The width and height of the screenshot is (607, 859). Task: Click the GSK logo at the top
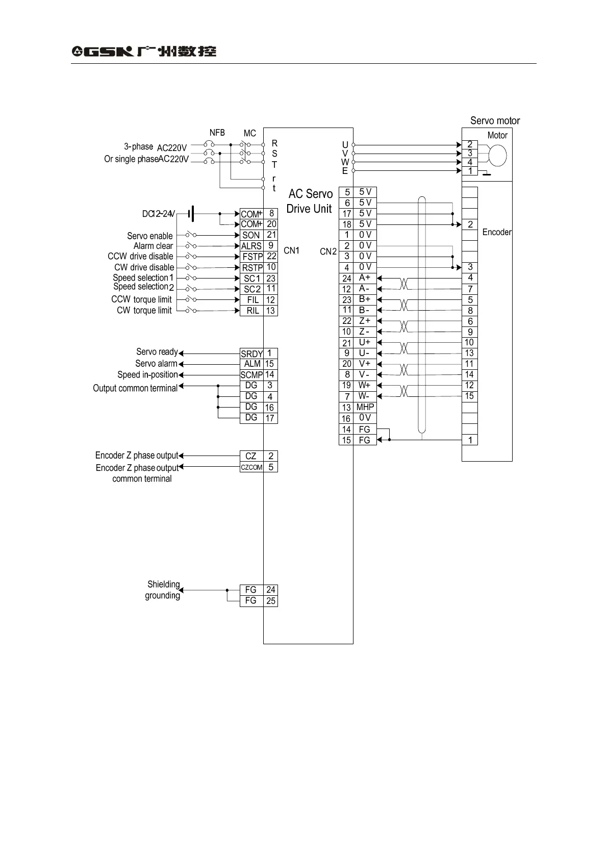click(144, 51)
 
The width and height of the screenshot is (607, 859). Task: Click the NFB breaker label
click(217, 133)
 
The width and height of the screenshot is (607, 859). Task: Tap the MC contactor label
click(249, 133)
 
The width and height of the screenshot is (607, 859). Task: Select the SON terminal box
click(251, 235)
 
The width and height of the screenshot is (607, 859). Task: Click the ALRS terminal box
click(251, 246)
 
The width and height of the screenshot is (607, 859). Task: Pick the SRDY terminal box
click(251, 353)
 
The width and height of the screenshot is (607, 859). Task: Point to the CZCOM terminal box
click(251, 467)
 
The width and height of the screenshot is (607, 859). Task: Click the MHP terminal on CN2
click(365, 407)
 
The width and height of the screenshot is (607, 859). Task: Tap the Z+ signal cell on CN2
click(365, 321)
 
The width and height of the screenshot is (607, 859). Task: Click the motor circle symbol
click(497, 156)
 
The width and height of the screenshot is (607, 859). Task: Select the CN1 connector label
click(291, 250)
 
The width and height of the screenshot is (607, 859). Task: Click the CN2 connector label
click(328, 251)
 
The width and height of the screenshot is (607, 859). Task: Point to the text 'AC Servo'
click(310, 194)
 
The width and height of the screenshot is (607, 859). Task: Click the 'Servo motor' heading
click(495, 121)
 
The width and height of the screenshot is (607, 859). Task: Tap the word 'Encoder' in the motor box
click(496, 232)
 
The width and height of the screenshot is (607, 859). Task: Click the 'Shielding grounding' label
click(163, 590)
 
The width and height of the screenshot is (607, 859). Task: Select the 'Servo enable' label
click(149, 236)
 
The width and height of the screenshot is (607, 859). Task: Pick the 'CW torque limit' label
click(144, 310)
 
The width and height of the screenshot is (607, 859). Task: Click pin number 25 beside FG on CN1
click(270, 601)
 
